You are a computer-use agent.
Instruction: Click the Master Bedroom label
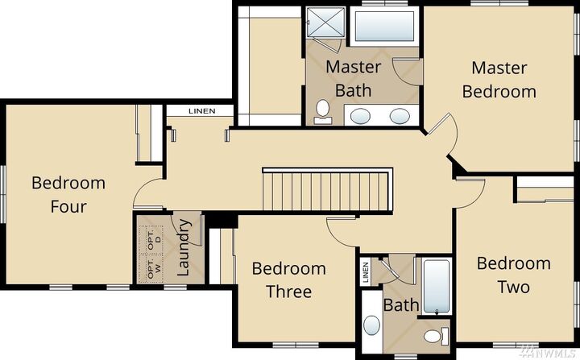(x=499, y=79)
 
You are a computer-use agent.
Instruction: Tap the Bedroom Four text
(x=68, y=194)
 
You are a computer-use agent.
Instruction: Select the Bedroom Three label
(x=288, y=279)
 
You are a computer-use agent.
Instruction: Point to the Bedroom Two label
(x=513, y=275)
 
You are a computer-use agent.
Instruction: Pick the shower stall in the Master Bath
(x=325, y=25)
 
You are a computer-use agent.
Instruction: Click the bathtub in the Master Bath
(x=384, y=27)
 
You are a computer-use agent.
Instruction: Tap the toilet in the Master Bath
(x=323, y=111)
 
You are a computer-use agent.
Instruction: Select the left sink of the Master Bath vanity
(x=362, y=116)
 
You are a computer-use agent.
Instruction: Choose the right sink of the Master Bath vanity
(x=399, y=116)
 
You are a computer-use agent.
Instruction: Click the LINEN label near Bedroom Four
(x=201, y=111)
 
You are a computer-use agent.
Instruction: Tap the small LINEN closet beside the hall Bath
(x=366, y=271)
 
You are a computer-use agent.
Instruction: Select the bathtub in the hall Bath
(x=436, y=287)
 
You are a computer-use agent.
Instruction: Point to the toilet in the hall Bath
(x=435, y=336)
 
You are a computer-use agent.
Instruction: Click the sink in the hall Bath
(x=372, y=325)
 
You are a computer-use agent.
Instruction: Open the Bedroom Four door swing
(x=150, y=194)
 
